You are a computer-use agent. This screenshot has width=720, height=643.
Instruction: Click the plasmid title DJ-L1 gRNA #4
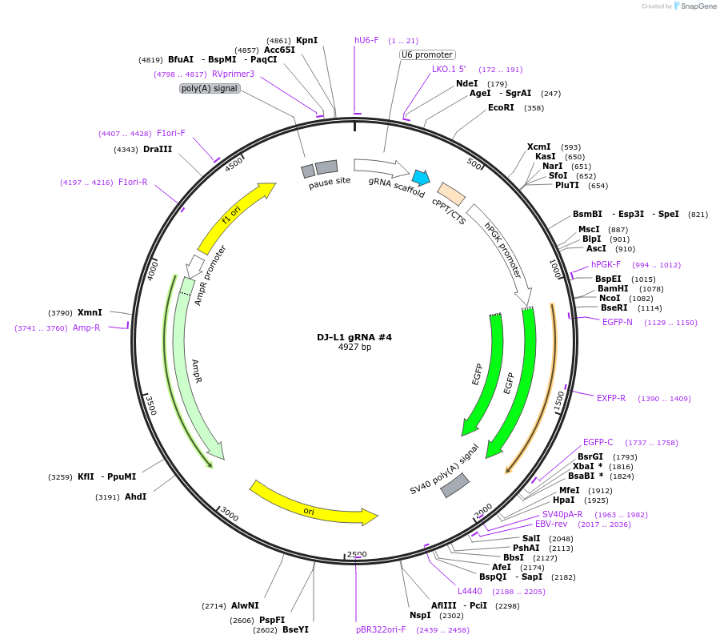click(354, 337)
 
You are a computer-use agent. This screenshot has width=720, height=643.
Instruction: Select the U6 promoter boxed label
click(427, 54)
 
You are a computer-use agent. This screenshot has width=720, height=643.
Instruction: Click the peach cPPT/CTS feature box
click(451, 194)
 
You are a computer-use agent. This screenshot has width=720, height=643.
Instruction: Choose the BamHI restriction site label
click(614, 288)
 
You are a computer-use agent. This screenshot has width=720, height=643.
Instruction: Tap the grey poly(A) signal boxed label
click(210, 88)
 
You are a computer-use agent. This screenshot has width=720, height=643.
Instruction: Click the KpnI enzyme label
click(306, 40)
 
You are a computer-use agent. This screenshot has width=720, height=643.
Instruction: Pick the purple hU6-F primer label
click(366, 40)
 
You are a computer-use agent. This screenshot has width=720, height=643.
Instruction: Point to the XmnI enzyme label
click(90, 312)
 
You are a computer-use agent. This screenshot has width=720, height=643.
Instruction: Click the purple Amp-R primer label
click(86, 328)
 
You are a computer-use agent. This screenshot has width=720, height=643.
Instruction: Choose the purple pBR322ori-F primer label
click(381, 629)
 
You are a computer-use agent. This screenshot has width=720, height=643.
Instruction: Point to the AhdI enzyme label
click(135, 496)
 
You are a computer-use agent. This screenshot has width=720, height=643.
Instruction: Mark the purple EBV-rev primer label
click(551, 524)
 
